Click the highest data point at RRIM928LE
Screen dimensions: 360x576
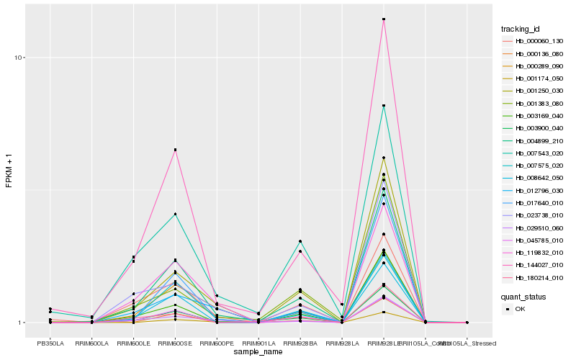click(x=384, y=19)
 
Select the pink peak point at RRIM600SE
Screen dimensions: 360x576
click(x=175, y=150)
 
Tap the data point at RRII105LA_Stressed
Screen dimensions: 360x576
click(x=467, y=323)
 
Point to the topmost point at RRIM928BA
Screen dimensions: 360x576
click(x=300, y=241)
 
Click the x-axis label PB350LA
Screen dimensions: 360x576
click(x=50, y=343)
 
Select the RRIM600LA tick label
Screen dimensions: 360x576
click(x=92, y=343)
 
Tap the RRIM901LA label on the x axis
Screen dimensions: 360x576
click(x=258, y=343)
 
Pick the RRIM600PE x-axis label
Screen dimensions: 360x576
click(x=217, y=343)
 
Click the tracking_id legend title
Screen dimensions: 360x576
click(x=521, y=29)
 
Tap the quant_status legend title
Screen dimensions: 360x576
click(x=523, y=296)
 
